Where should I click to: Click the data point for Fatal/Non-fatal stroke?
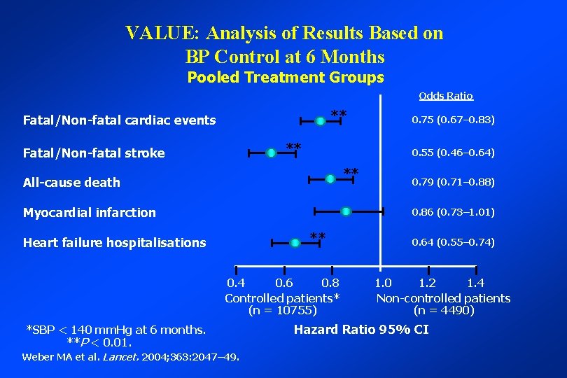pyautogui.click(x=271, y=153)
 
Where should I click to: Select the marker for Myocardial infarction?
pyautogui.click(x=346, y=211)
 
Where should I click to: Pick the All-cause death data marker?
pyautogui.click(x=330, y=179)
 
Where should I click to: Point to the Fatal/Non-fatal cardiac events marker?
pyautogui.click(x=320, y=122)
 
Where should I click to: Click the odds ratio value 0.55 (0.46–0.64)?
pyautogui.click(x=453, y=152)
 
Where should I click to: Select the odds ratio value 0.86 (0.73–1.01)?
pyautogui.click(x=453, y=211)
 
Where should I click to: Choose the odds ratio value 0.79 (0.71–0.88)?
pyautogui.click(x=453, y=181)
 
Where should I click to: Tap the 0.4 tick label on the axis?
pyautogui.click(x=236, y=283)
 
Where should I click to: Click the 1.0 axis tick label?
pyautogui.click(x=383, y=283)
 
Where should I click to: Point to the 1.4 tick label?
pyautogui.click(x=475, y=283)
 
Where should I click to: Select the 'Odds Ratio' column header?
pyautogui.click(x=445, y=96)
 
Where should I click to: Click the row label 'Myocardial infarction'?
pyautogui.click(x=90, y=212)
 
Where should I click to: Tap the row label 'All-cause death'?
pyautogui.click(x=71, y=182)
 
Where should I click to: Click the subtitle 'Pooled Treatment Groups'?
pyautogui.click(x=286, y=77)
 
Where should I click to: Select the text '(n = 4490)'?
pyautogui.click(x=443, y=310)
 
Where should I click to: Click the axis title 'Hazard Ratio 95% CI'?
pyautogui.click(x=360, y=330)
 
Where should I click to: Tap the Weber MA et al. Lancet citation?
pyautogui.click(x=131, y=357)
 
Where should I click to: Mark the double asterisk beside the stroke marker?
pyautogui.click(x=293, y=147)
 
